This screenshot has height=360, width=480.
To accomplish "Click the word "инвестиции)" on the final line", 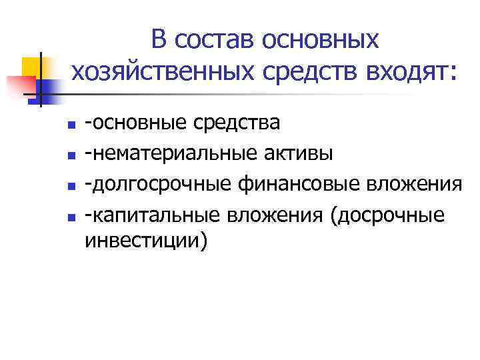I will (146, 241).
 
